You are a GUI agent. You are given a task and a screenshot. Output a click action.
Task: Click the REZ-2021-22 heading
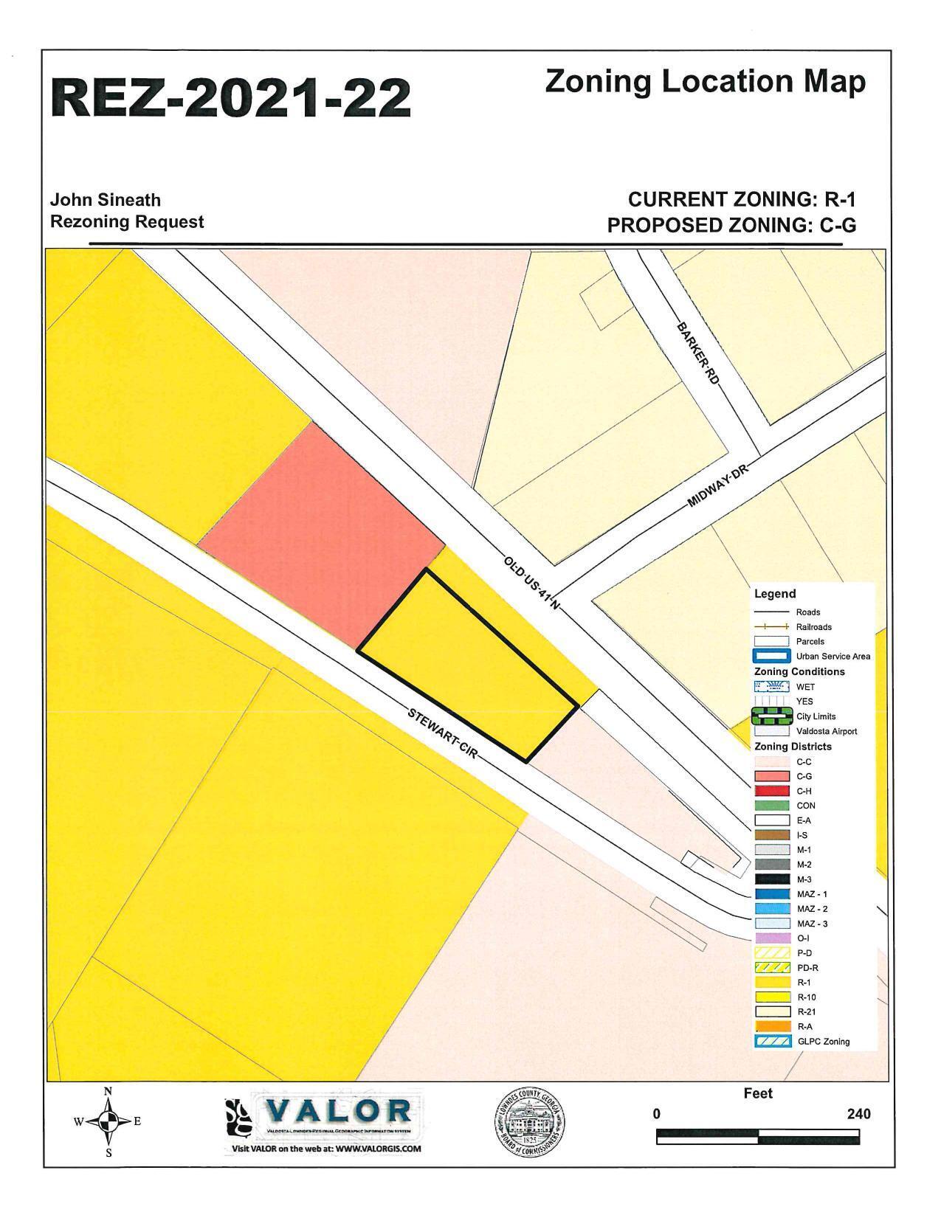(x=230, y=98)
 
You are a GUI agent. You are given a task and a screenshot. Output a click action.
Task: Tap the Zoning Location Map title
(x=705, y=81)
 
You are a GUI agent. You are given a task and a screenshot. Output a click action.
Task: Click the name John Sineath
(x=106, y=200)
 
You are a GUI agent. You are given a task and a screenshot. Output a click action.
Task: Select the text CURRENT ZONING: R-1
(x=742, y=199)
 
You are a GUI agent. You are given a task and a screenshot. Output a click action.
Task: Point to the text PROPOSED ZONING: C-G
(x=731, y=226)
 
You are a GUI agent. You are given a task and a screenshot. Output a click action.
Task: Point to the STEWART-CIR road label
(x=442, y=735)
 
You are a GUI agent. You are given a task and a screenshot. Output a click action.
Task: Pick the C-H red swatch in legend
(x=771, y=791)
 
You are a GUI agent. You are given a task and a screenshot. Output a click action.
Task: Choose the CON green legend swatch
(x=771, y=806)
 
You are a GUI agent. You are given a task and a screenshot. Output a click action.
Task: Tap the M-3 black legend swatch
(x=771, y=879)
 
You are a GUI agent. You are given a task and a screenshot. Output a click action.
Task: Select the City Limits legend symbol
(x=771, y=716)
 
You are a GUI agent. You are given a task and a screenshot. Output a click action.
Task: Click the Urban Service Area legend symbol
(x=771, y=656)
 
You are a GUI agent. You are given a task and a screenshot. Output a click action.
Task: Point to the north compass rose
(x=108, y=1122)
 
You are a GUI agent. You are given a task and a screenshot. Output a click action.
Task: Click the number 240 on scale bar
(x=858, y=1114)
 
